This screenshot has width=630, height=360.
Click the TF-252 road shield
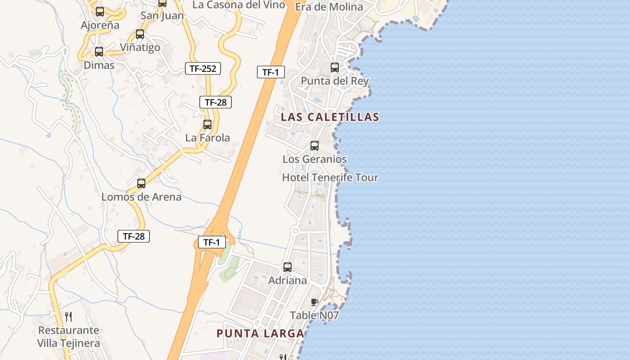203,69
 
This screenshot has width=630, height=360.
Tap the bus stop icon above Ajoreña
100,12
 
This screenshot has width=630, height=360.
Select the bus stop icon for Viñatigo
140,34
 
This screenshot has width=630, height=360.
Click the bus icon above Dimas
99,52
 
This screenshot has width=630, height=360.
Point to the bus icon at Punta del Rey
335,67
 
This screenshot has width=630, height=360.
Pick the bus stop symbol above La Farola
207,125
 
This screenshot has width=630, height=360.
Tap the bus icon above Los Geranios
315,146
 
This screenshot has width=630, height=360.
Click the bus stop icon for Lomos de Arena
141,184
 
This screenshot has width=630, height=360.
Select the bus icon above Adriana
288,267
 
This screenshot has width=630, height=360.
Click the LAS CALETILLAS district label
330,117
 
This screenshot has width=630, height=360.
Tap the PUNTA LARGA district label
261,333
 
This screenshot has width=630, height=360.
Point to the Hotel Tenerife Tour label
330,178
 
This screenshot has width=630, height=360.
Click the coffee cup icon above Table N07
315,302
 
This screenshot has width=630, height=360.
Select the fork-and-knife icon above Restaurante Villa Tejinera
68,316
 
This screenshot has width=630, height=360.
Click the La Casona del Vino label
239,5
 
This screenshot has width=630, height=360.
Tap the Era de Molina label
329,7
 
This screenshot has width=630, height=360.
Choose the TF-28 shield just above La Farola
216,102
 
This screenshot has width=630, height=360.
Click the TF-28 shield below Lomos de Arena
134,236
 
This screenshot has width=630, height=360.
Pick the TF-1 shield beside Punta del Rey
271,72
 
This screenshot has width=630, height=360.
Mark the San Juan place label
162,16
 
